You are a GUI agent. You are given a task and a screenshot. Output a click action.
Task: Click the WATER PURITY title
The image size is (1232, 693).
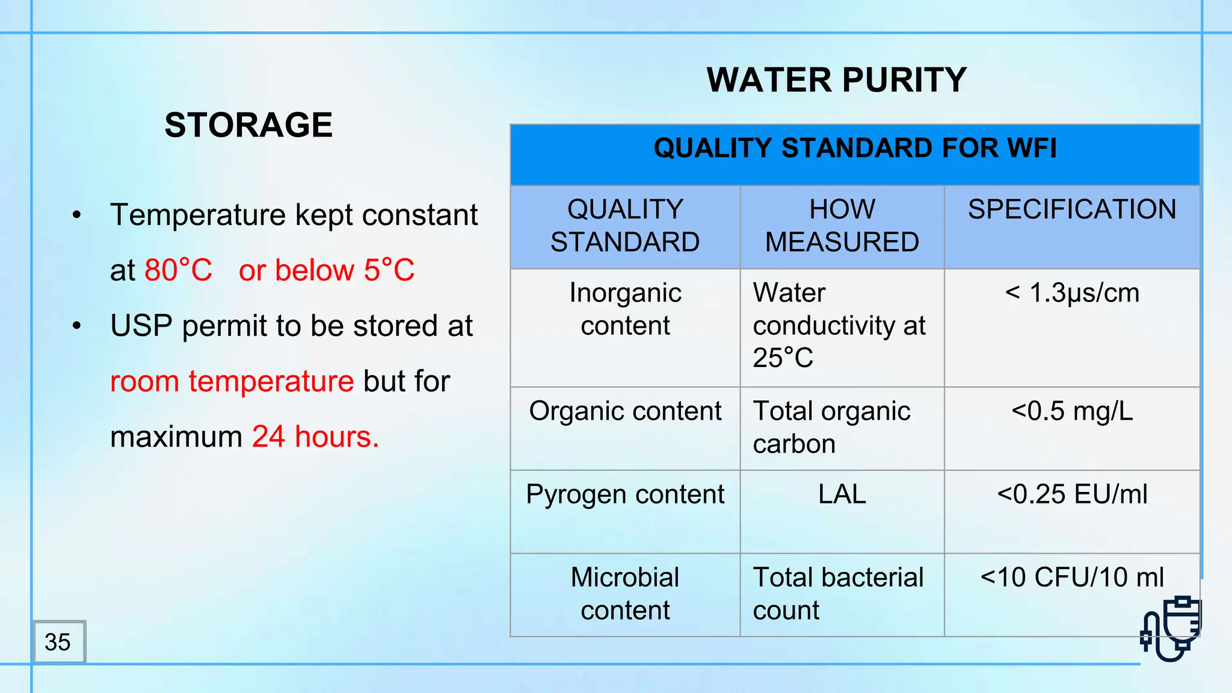[x=836, y=80]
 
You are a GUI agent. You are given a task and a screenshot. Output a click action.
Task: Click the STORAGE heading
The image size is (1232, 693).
[x=248, y=125]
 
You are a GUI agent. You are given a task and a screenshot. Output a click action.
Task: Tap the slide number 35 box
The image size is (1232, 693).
[x=58, y=642]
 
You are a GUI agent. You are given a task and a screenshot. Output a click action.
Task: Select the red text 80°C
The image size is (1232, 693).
[x=179, y=270]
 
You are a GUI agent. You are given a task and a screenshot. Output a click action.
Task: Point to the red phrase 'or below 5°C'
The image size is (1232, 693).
[x=327, y=270]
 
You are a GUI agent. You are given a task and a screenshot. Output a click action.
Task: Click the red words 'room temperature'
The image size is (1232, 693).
[x=232, y=381]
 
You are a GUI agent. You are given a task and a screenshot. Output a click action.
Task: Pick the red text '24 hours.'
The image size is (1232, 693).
[x=315, y=437]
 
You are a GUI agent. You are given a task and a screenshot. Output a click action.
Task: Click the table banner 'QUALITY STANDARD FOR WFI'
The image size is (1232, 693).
[x=854, y=149]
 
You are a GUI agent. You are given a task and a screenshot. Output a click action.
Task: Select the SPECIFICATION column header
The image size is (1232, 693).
[x=1072, y=210]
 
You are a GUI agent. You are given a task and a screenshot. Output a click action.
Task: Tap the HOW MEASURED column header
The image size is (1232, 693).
[x=842, y=226]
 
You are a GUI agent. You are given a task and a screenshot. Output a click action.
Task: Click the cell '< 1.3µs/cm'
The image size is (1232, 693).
[x=1072, y=293]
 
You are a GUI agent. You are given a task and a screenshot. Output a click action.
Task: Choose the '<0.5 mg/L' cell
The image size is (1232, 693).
[x=1072, y=411]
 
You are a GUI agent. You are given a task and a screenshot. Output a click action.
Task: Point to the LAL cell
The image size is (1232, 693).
[x=842, y=494]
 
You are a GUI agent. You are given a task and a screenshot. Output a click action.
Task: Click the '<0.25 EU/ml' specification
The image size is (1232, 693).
[x=1072, y=494]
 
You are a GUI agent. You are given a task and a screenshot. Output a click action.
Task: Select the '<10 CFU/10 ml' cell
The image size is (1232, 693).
[x=1072, y=577]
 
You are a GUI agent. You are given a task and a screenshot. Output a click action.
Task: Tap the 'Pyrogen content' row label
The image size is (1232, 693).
[x=625, y=494]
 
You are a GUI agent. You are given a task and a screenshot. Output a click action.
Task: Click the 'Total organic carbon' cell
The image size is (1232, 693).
[x=831, y=428]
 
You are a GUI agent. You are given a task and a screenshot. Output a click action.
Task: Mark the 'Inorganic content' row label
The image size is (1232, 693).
[x=625, y=309]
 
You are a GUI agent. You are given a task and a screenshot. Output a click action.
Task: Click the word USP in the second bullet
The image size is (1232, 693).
[x=141, y=326]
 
